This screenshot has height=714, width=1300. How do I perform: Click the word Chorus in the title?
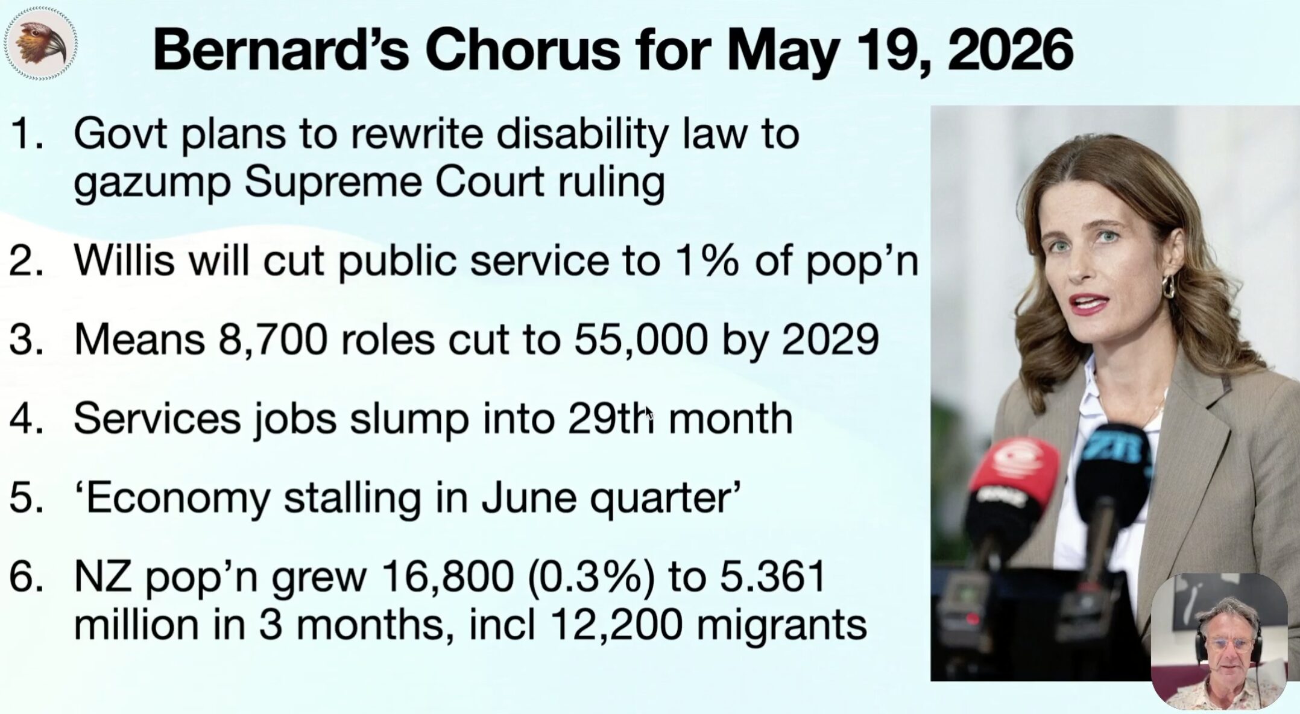coord(523,49)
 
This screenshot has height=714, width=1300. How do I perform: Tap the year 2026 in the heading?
coord(1011,49)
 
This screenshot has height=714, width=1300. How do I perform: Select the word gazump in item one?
coord(152,183)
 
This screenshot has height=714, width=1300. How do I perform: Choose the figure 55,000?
coord(641,340)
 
